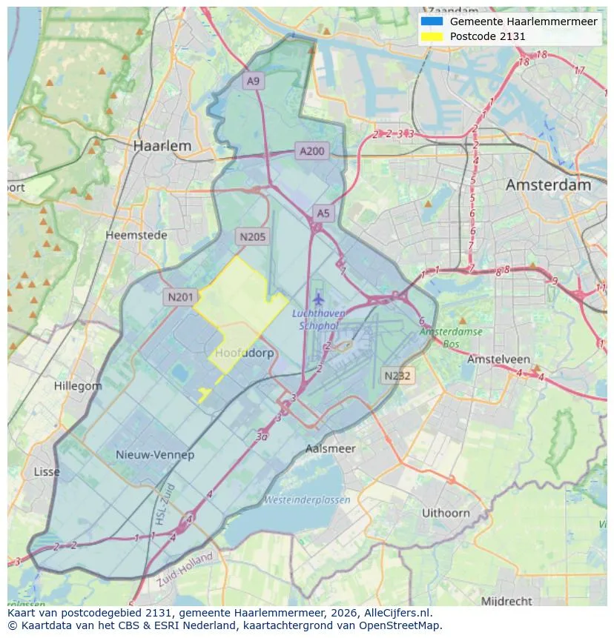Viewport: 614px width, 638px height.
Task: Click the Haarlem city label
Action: click(162, 146)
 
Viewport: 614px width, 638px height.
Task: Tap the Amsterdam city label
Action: click(548, 185)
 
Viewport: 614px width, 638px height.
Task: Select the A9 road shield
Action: click(254, 82)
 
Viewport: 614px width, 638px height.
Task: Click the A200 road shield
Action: click(311, 151)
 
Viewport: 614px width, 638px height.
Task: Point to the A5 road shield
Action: click(323, 213)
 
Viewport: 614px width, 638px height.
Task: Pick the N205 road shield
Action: click(252, 237)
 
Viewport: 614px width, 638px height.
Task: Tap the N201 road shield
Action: click(180, 297)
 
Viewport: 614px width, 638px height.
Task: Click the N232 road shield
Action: click(397, 376)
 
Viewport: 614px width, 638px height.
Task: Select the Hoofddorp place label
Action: click(244, 353)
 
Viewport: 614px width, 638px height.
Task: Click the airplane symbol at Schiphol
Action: click(319, 299)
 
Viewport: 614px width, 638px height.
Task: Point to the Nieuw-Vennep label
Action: click(154, 454)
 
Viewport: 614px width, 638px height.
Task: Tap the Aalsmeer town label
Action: click(330, 448)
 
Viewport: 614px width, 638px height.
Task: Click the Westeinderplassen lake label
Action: click(307, 500)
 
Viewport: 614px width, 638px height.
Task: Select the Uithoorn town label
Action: click(446, 513)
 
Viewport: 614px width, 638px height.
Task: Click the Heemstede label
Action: click(136, 235)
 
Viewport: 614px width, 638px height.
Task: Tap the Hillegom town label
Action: click(78, 386)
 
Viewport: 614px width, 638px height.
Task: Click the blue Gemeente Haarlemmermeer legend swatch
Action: click(431, 21)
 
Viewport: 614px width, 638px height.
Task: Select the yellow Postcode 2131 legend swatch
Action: click(431, 36)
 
